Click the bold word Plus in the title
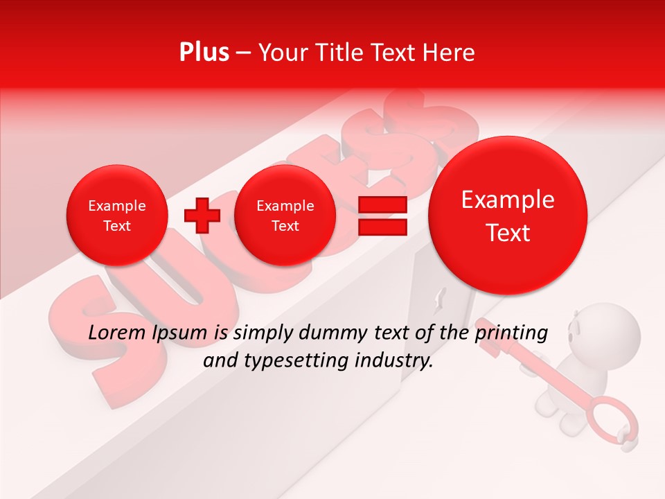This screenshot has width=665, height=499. [x=204, y=53]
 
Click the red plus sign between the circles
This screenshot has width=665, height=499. [x=202, y=215]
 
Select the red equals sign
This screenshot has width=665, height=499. [x=382, y=216]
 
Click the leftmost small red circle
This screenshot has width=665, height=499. [x=116, y=216]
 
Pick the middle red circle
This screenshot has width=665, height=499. [x=285, y=216]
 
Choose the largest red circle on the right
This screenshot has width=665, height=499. [x=508, y=215]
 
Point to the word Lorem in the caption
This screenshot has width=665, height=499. [x=118, y=333]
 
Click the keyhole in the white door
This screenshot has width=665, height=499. [x=437, y=303]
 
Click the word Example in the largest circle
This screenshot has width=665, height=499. [x=508, y=200]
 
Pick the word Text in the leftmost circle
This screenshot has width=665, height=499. [x=116, y=226]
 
